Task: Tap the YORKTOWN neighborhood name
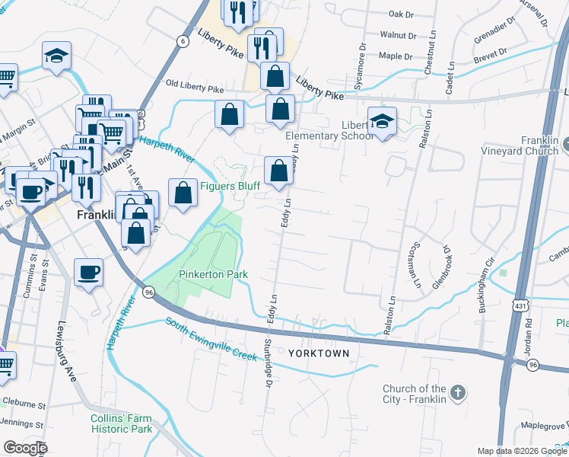coord(319,353)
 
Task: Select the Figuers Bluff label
coord(230,186)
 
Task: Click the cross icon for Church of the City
coord(457,393)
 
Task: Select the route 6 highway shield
coord(183,40)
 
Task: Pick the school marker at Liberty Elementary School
coord(382,121)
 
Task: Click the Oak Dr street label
coord(400,14)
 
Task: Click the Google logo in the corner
coord(25,448)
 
